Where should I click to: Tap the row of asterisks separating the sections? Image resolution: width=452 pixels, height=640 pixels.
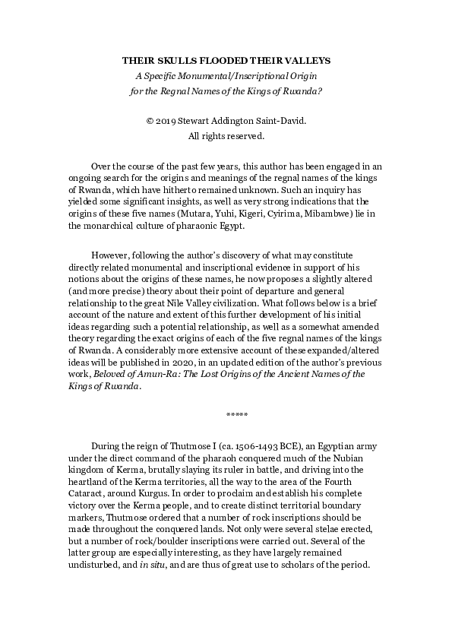pos(236,414)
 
